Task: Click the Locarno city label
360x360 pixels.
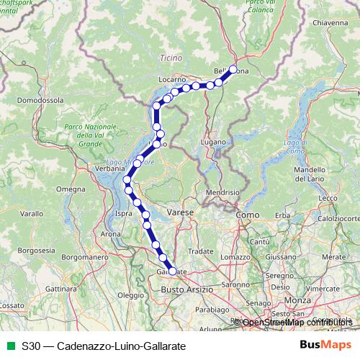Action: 174,77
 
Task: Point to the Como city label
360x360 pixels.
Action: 247,215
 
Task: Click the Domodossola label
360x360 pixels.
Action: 40,101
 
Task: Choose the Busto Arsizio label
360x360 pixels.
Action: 186,289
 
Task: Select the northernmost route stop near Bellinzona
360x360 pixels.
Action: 233,70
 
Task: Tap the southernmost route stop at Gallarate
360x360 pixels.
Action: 171,271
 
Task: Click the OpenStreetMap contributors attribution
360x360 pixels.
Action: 297,323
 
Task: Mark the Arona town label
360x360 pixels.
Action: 111,234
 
